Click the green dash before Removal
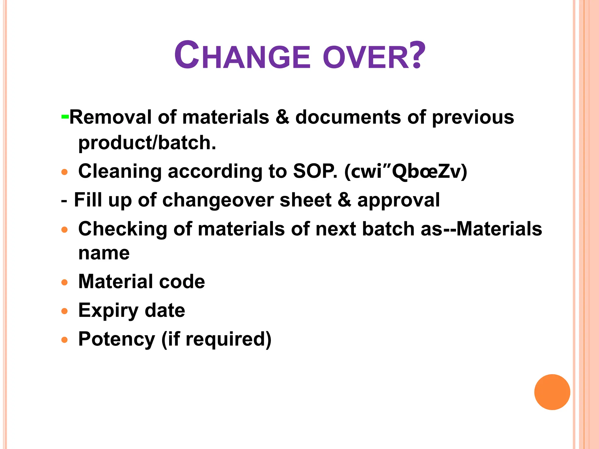click(x=65, y=117)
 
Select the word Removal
click(x=110, y=117)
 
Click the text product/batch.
click(x=147, y=143)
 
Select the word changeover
click(x=218, y=200)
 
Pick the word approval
click(x=398, y=201)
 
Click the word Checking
click(x=123, y=229)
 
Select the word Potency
click(x=116, y=339)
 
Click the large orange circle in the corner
click(x=552, y=392)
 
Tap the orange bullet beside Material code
click(x=65, y=282)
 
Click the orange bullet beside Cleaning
click(x=65, y=172)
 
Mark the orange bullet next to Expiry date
click(x=65, y=311)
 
